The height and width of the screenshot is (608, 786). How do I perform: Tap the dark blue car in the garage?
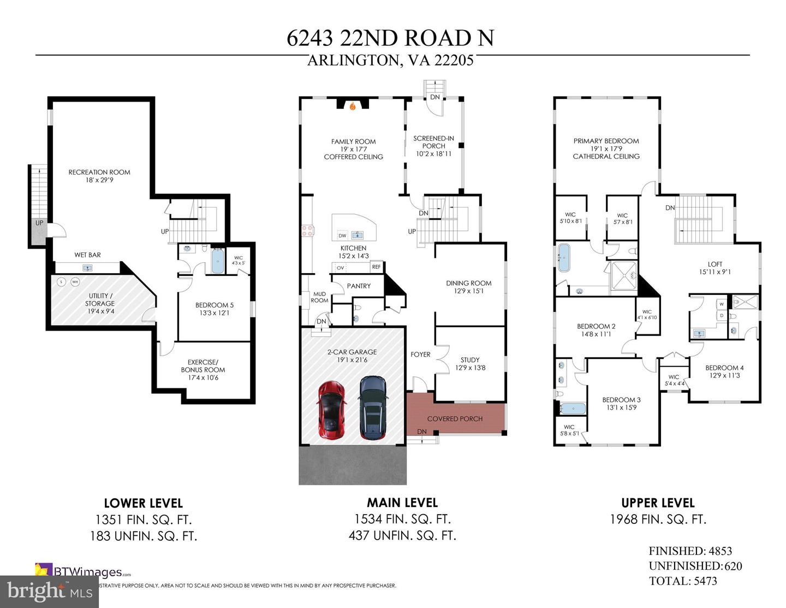pos(373,408)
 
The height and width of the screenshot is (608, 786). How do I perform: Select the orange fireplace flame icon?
pos(353,107)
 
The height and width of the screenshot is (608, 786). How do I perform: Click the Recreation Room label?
pos(99,172)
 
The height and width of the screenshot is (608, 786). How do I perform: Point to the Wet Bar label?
pos(87,255)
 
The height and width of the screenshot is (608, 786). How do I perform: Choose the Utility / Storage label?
pos(99,303)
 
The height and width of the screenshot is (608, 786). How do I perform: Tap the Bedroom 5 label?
pos(215,305)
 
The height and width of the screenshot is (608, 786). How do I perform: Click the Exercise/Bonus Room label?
pos(203,369)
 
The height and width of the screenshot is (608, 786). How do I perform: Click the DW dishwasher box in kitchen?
pos(342,236)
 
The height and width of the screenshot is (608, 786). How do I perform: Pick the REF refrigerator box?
pos(376,267)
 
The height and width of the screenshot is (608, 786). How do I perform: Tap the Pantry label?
pos(359,286)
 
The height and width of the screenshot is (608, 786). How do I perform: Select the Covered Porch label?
pos(455,419)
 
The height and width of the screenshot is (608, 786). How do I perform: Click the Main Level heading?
pos(402,503)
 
